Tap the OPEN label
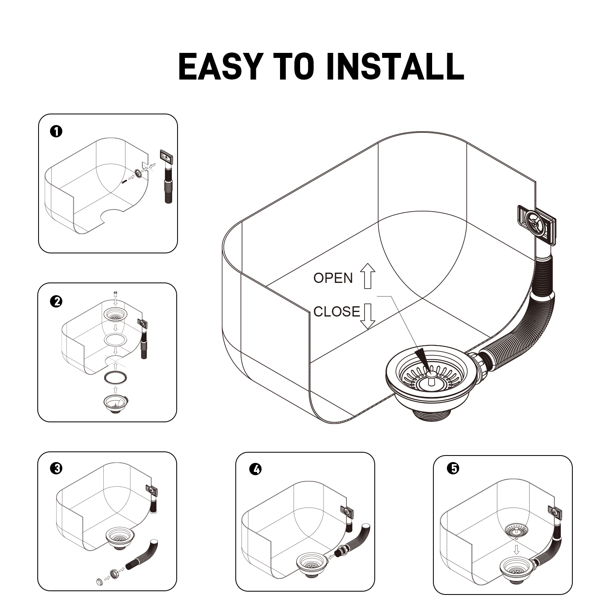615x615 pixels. point(333,278)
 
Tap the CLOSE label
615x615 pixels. point(337,312)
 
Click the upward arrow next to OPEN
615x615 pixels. point(367,276)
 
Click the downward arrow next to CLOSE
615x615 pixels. point(368,316)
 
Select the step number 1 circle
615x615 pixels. point(56,132)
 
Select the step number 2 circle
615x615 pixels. point(56,301)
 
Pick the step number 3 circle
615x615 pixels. point(56,468)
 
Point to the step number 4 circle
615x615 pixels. point(255,469)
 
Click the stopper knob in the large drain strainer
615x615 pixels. point(430,376)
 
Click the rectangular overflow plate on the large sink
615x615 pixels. point(536,222)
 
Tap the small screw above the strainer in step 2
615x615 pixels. point(115,294)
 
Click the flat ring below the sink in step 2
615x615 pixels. point(116,378)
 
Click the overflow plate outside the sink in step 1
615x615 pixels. point(166,157)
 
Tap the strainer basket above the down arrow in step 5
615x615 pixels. point(516,530)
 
